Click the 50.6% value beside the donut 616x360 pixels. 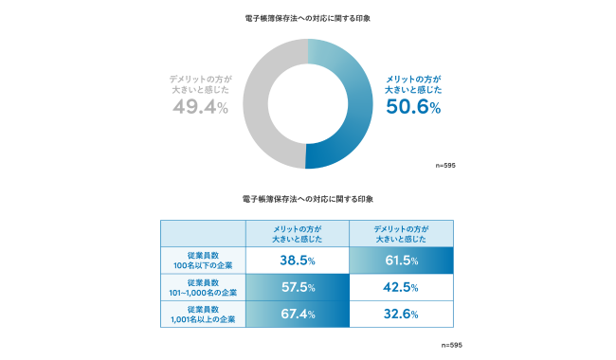[x=412, y=107]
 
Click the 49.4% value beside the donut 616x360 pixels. [x=200, y=107]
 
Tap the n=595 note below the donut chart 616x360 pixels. [x=445, y=165]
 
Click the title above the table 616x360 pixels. [x=307, y=200]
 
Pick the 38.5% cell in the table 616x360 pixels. [x=297, y=260]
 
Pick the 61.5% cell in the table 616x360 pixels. [x=402, y=260]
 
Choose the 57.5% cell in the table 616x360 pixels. [x=297, y=287]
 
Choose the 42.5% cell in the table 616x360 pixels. [x=402, y=287]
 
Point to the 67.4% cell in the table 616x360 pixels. [x=297, y=315]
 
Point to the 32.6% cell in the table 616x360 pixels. [x=402, y=315]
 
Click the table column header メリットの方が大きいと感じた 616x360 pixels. [x=297, y=233]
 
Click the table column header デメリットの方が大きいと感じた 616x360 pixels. [x=402, y=233]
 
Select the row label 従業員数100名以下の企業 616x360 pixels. [x=203, y=260]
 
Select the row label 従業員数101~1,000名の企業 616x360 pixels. [x=203, y=287]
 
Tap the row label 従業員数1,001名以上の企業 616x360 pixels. [x=203, y=315]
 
